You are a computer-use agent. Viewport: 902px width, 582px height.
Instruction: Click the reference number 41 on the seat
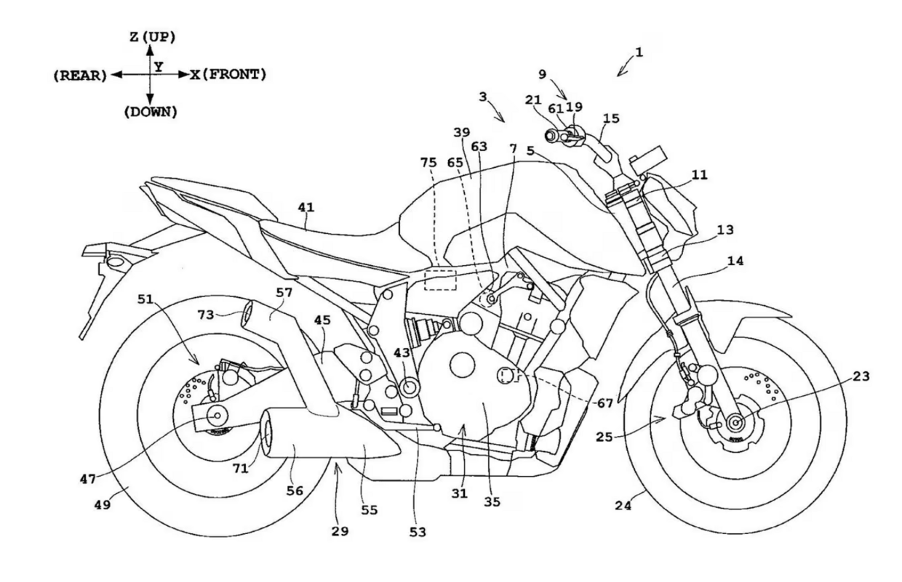pyautogui.click(x=306, y=209)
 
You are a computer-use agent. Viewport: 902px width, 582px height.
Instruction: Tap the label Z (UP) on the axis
pyautogui.click(x=152, y=36)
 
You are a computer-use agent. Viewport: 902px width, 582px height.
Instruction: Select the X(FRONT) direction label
pyautogui.click(x=228, y=74)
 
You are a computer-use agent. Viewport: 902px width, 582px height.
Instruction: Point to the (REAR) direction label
pyautogui.click(x=80, y=75)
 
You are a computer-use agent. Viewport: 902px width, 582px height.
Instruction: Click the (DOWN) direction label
pyautogui.click(x=151, y=112)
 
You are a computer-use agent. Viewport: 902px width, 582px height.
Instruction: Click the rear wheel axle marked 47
pyautogui.click(x=217, y=415)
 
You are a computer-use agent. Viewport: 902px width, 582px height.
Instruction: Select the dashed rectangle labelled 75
pyautogui.click(x=440, y=280)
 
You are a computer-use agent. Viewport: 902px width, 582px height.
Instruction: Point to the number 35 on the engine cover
pyautogui.click(x=492, y=501)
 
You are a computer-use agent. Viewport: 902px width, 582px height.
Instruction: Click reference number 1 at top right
pyautogui.click(x=638, y=52)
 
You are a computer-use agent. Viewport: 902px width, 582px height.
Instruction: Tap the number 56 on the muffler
pyautogui.click(x=295, y=491)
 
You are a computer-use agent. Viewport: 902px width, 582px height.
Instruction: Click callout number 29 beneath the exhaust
pyautogui.click(x=339, y=531)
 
